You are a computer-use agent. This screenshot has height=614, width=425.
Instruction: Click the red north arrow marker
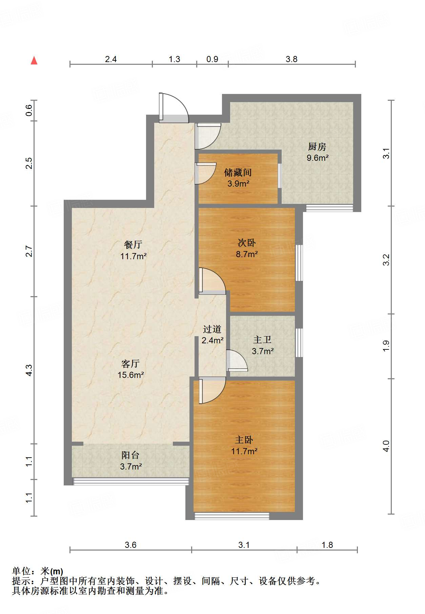point(34,60)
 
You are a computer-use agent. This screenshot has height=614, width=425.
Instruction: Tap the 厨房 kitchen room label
point(317,147)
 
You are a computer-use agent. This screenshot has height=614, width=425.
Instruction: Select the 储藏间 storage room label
point(238,173)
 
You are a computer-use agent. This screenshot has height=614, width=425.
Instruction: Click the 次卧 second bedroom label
point(246,243)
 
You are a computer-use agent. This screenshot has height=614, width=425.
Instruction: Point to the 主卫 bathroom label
point(262,340)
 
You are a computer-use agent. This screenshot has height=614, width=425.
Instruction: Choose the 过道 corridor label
point(212,329)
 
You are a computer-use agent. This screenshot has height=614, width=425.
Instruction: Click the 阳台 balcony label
point(130,455)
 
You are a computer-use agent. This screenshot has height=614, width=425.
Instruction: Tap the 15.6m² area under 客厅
point(131,375)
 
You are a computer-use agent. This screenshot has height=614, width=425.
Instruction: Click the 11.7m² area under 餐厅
point(133,256)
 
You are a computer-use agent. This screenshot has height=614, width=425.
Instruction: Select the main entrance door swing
point(174,107)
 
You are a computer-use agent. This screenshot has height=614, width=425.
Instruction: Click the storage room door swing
point(205,173)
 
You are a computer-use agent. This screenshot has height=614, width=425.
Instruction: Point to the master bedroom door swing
point(212,390)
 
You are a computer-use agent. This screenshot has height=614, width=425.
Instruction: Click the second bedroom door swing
point(212,281)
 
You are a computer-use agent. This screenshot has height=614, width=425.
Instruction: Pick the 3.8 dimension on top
point(291,59)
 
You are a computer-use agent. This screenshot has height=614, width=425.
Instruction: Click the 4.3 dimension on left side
point(29,370)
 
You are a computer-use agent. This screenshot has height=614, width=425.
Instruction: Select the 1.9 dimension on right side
point(386,346)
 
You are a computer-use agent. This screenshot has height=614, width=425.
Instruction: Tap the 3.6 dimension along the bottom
point(130,545)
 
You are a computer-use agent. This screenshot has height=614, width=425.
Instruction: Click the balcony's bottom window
point(131,481)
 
